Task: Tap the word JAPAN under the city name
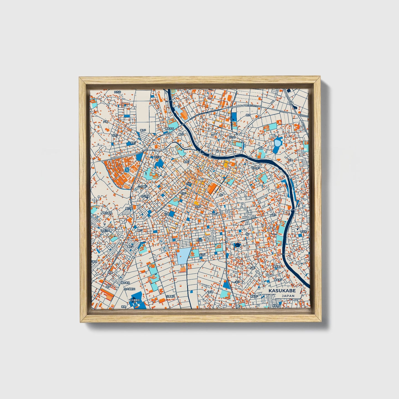288,296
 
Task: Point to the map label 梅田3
143,130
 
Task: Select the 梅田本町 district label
169,128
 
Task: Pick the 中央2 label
183,194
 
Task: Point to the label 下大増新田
135,300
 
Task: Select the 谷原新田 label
171,296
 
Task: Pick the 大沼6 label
203,255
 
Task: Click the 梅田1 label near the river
181,134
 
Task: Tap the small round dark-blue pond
237,245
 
